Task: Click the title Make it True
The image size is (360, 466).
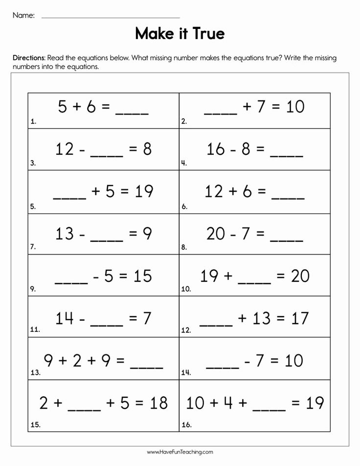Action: click(180, 34)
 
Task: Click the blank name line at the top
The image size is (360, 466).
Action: click(111, 18)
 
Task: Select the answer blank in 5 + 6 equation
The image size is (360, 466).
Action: click(132, 112)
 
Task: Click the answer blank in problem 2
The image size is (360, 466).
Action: click(220, 112)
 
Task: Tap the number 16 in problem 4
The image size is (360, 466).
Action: click(216, 149)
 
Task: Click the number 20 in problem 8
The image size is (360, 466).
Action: click(216, 234)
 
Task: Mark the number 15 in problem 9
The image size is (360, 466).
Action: click(143, 276)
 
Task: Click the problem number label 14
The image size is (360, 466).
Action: click(186, 373)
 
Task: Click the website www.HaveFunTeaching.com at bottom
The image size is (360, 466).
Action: click(180, 452)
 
